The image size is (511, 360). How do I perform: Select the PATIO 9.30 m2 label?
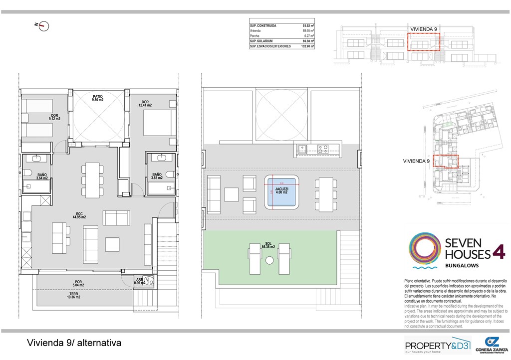(x=97, y=98)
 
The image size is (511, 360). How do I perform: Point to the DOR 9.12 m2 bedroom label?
(x=54, y=117)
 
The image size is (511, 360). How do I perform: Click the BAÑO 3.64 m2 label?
(x=42, y=176)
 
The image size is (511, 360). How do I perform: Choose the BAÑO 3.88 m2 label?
(x=157, y=176)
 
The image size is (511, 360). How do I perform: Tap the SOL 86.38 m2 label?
(x=268, y=245)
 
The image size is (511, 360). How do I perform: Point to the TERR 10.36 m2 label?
(x=73, y=296)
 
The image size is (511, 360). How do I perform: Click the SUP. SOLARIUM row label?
(x=262, y=41)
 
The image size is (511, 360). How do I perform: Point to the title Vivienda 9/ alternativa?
(x=74, y=343)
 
